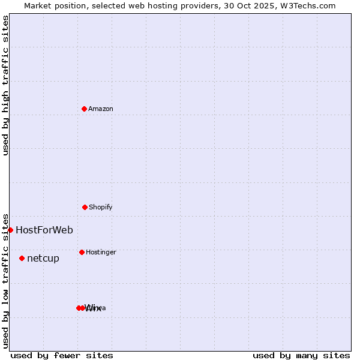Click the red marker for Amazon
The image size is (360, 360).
pyautogui.click(x=84, y=109)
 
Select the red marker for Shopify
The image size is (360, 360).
pyautogui.click(x=85, y=207)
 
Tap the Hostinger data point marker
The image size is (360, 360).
pyautogui.click(x=82, y=252)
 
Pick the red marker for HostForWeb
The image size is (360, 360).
pyautogui.click(x=10, y=230)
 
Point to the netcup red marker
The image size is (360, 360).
pyautogui.click(x=22, y=258)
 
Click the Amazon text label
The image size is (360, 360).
pyautogui.click(x=101, y=109)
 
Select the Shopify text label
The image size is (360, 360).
pyautogui.click(x=101, y=207)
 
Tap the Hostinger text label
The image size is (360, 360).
pyautogui.click(x=101, y=252)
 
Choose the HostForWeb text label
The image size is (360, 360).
pyautogui.click(x=44, y=230)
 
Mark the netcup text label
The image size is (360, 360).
pyautogui.click(x=43, y=259)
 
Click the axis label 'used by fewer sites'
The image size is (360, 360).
pyautogui.click(x=62, y=355)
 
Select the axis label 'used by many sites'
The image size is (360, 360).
pyautogui.click(x=301, y=355)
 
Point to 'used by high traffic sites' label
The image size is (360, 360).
pyautogui.click(x=5, y=85)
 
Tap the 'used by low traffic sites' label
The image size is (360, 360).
pyautogui.click(x=5, y=280)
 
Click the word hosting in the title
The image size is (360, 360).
pyautogui.click(x=171, y=5)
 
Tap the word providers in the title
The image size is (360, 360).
pyautogui.click(x=208, y=5)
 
